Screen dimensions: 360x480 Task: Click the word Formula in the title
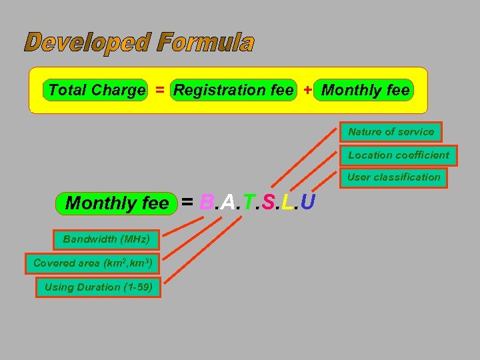click(206, 43)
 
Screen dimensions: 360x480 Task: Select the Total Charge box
click(97, 90)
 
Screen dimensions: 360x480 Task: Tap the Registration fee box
click(233, 90)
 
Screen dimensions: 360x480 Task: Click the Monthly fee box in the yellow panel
click(365, 90)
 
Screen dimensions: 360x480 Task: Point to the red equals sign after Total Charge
click(160, 90)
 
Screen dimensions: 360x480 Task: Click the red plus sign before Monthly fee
click(307, 90)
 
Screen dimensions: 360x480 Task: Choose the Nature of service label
click(391, 132)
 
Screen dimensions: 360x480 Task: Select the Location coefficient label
click(399, 155)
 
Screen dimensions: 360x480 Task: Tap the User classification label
click(393, 177)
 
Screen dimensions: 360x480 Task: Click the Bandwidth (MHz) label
click(106, 239)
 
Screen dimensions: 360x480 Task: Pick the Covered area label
click(93, 263)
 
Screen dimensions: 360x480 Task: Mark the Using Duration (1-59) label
click(98, 288)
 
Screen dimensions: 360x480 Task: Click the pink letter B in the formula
click(206, 202)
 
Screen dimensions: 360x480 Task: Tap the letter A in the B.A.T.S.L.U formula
click(227, 202)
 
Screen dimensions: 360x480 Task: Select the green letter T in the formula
click(247, 202)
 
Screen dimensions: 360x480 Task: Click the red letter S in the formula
click(267, 202)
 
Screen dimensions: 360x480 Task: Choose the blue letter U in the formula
click(307, 202)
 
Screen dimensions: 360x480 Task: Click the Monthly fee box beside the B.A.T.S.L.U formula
click(117, 203)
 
